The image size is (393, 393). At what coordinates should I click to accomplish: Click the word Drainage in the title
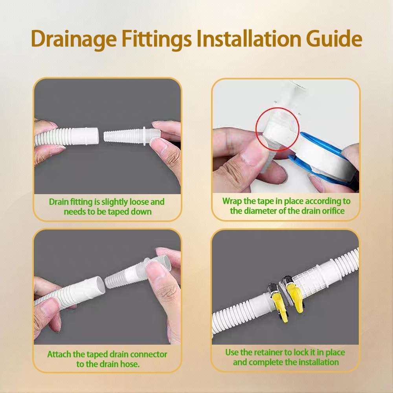click(x=74, y=39)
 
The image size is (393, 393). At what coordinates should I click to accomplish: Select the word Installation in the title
click(x=249, y=39)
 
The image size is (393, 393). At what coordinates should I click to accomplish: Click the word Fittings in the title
click(x=157, y=39)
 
